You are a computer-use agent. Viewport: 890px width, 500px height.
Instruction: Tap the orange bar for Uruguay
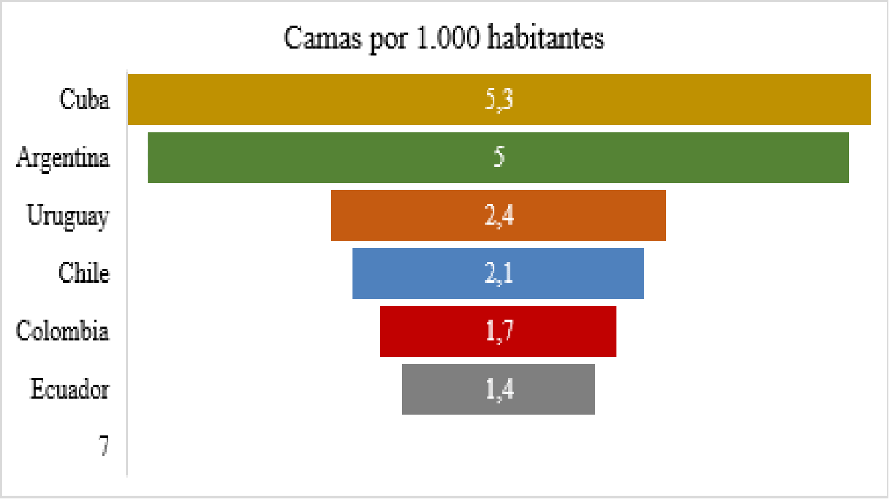[405, 216]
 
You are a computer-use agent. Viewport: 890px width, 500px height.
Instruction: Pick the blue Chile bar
[416, 273]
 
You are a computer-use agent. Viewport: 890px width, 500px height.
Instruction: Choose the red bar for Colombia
[427, 331]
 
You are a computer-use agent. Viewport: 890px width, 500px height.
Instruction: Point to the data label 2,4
[499, 216]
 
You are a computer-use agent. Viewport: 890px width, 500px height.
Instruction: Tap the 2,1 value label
[499, 273]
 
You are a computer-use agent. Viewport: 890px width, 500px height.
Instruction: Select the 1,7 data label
[499, 331]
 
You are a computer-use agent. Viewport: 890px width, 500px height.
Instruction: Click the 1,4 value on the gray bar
[499, 390]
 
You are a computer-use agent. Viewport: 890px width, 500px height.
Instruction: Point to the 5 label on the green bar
[499, 157]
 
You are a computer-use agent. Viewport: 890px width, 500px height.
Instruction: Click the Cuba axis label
[84, 100]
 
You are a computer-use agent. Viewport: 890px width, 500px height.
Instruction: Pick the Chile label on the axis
[84, 273]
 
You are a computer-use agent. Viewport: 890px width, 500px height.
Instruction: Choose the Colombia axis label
[62, 331]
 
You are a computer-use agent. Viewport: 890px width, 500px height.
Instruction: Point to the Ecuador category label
[69, 389]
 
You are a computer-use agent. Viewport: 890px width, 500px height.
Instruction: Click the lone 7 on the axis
[103, 446]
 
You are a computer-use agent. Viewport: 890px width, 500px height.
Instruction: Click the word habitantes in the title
[546, 38]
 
